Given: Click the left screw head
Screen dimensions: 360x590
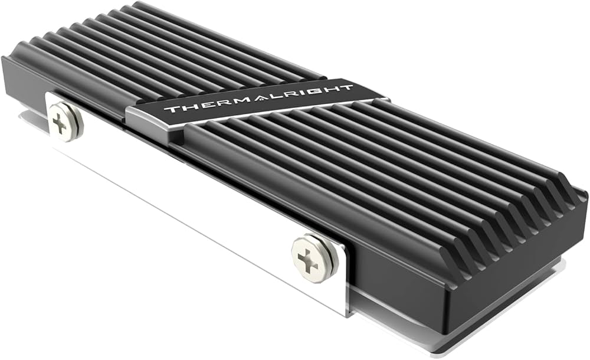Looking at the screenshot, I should (64, 121).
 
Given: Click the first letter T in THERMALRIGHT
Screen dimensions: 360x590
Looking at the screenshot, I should (170, 110).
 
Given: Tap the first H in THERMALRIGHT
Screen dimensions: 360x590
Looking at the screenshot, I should (185, 108).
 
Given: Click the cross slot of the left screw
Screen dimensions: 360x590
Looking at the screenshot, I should (61, 122).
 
